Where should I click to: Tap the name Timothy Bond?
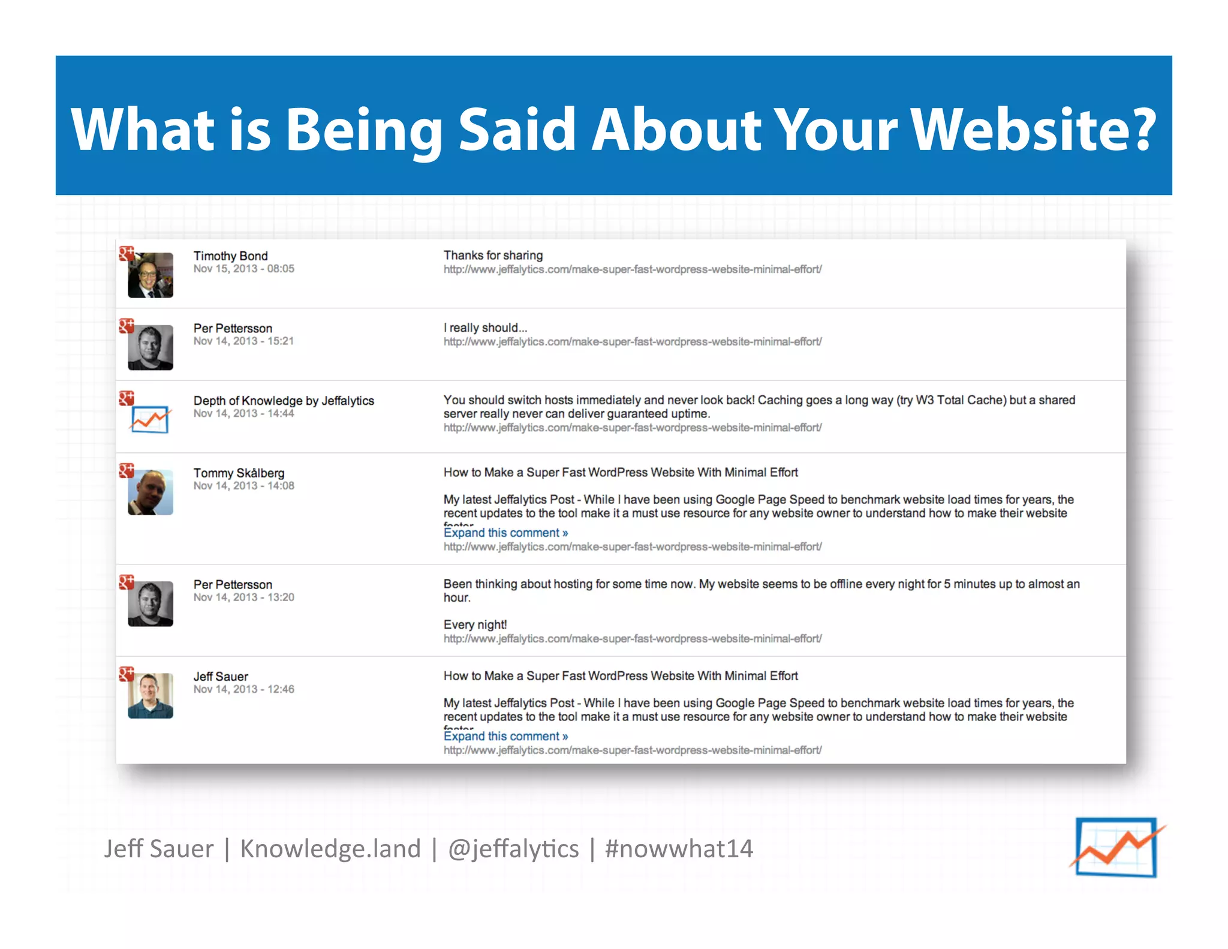pos(230,256)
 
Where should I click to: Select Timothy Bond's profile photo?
pos(151,275)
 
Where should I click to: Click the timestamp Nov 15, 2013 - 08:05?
pos(243,269)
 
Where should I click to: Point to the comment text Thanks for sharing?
pos(493,256)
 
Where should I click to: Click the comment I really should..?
pos(485,328)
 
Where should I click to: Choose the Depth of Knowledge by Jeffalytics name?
pos(284,401)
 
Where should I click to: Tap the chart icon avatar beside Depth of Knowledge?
pos(150,419)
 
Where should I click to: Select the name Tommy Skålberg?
pos(239,473)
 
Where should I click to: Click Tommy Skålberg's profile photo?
pos(151,492)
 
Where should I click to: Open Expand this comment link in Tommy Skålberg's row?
pos(505,533)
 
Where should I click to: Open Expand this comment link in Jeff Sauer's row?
pos(505,736)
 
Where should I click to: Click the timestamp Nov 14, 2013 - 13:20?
pos(243,597)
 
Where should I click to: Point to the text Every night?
pos(475,625)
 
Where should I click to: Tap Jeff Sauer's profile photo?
pos(151,696)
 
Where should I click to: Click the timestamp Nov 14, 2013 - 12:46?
pos(243,689)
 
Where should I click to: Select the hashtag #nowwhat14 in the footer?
pos(679,849)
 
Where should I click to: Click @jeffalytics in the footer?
pos(513,849)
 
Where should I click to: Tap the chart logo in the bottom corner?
pos(1116,847)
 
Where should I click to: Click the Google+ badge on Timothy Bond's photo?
pos(126,254)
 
